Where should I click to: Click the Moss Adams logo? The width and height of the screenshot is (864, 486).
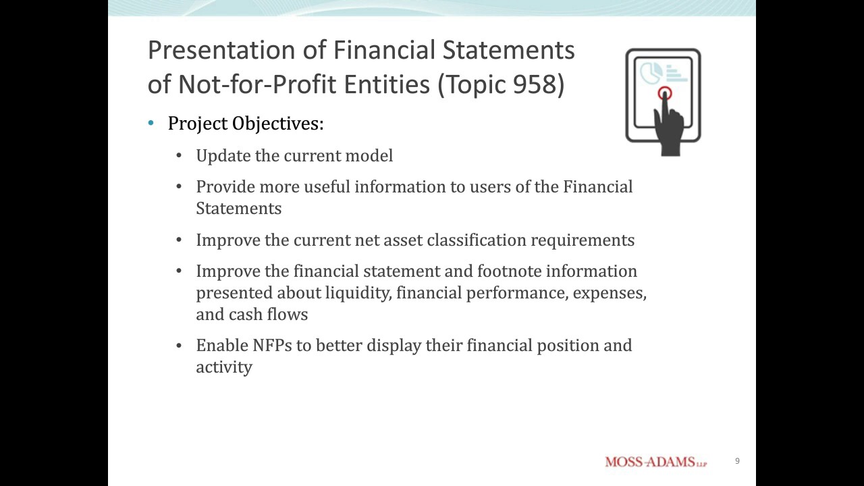coord(655,462)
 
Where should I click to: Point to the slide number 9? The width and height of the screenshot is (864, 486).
coord(737,461)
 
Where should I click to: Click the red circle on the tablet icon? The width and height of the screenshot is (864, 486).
coord(665,94)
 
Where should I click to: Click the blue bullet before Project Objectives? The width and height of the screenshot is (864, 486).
coord(151,124)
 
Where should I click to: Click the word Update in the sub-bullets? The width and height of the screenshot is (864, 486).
coord(223,156)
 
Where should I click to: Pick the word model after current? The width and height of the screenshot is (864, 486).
coord(369,156)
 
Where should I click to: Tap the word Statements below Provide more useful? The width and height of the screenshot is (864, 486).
coord(238,209)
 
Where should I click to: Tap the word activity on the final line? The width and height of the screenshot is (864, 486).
coord(224,367)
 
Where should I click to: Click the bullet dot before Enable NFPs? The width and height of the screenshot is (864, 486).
coord(179,346)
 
